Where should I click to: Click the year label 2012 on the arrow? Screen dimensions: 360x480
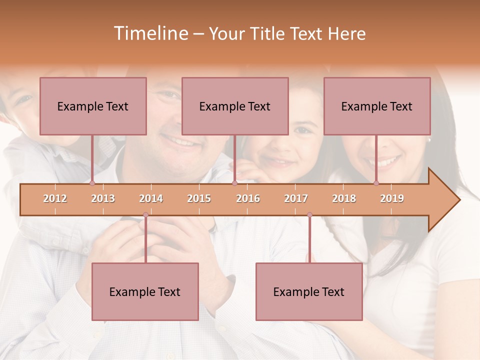pyautogui.click(x=55, y=198)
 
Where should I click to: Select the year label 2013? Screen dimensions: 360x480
pyautogui.click(x=103, y=198)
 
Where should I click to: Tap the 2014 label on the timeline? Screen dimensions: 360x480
pyautogui.click(x=151, y=198)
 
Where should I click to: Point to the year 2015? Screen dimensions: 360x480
pyautogui.click(x=199, y=198)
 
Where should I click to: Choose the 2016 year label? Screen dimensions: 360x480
pyautogui.click(x=248, y=198)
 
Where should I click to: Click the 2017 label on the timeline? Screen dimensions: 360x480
pyautogui.click(x=296, y=198)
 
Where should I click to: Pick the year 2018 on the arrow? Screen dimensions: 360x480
pyautogui.click(x=344, y=198)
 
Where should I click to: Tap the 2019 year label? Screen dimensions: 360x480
pyautogui.click(x=392, y=198)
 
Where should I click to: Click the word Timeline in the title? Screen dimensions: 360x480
pyautogui.click(x=150, y=33)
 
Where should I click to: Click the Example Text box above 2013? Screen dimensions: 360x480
pyautogui.click(x=93, y=106)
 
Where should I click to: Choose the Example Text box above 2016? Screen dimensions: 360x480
pyautogui.click(x=235, y=106)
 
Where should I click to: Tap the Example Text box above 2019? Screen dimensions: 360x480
pyautogui.click(x=377, y=106)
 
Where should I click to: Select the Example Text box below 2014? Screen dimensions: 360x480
pyautogui.click(x=145, y=291)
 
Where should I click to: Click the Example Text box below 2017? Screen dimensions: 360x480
pyautogui.click(x=309, y=291)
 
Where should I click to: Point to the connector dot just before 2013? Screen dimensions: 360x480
pyautogui.click(x=92, y=183)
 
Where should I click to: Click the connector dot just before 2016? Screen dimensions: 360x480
pyautogui.click(x=234, y=183)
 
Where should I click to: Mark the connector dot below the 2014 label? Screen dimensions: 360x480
pyautogui.click(x=145, y=215)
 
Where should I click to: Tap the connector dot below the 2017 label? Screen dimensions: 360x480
pyautogui.click(x=309, y=215)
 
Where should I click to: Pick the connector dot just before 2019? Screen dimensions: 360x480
pyautogui.click(x=376, y=183)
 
